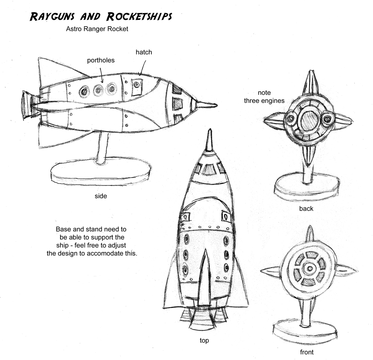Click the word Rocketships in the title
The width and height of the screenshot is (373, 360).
139,16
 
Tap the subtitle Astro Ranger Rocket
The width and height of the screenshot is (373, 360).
97,29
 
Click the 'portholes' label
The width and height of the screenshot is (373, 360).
101,60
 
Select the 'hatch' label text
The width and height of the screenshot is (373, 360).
144,52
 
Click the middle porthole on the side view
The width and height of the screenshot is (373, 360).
98,90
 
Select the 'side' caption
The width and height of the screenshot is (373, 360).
101,196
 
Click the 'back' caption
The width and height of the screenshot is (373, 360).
306,208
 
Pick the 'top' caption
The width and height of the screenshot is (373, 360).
204,340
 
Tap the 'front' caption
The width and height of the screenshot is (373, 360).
306,352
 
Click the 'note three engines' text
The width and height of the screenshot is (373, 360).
264,97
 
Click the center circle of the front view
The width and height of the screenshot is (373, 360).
308,269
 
